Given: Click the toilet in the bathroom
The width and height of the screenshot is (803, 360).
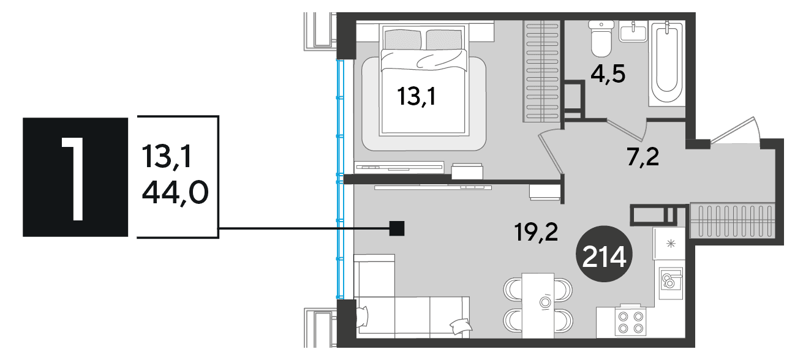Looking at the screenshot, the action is [x=601, y=39].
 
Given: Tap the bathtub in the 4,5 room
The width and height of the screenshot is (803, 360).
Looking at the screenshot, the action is [x=667, y=62].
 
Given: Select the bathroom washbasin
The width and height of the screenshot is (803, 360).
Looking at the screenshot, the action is [x=633, y=31].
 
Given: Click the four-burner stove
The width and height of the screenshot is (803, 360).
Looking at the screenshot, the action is [x=630, y=322].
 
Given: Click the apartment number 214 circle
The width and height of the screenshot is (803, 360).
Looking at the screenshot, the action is [x=604, y=253].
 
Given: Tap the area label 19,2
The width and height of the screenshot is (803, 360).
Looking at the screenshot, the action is [x=536, y=232].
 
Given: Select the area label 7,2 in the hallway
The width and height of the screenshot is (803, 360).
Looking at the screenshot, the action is [x=643, y=157].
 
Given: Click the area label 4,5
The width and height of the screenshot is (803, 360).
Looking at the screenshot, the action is [x=608, y=74].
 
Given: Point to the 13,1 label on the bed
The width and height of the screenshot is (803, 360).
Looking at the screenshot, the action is [x=417, y=96].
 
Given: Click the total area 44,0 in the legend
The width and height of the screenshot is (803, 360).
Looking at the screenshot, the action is [x=175, y=192].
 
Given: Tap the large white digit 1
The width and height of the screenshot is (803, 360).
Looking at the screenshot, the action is [x=74, y=178].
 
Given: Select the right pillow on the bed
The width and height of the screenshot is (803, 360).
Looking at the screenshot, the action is [x=444, y=39].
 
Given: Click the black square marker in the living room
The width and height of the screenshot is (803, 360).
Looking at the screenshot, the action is [x=397, y=228].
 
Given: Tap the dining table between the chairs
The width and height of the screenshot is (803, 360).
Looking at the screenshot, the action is [x=538, y=306].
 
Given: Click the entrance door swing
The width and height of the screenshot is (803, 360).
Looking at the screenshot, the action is [x=736, y=131].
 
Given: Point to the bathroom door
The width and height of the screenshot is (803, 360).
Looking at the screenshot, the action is [x=626, y=130].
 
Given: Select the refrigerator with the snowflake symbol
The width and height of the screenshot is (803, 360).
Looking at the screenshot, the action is [x=669, y=244].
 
